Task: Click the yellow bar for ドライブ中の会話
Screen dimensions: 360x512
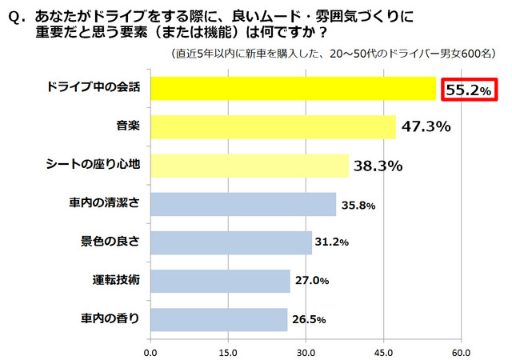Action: click(x=293, y=89)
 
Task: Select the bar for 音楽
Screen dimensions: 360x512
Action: click(x=273, y=127)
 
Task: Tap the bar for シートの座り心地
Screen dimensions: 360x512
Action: click(x=250, y=166)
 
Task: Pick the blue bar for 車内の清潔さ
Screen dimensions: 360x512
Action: click(x=243, y=205)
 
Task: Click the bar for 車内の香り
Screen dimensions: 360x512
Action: click(x=218, y=320)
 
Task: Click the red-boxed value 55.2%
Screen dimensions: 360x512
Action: click(x=468, y=90)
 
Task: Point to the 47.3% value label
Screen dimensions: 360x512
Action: click(x=426, y=127)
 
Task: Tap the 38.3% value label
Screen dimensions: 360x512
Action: click(x=377, y=166)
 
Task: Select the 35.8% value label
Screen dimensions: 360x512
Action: click(x=358, y=206)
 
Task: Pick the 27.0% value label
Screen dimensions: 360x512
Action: click(x=312, y=282)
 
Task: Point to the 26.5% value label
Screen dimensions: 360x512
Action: click(x=309, y=320)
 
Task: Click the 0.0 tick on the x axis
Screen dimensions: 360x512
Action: click(x=150, y=350)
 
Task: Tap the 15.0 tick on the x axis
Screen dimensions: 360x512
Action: click(x=228, y=350)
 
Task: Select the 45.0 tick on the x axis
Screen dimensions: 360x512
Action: click(x=383, y=350)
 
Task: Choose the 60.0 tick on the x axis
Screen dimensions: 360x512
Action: click(x=461, y=350)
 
